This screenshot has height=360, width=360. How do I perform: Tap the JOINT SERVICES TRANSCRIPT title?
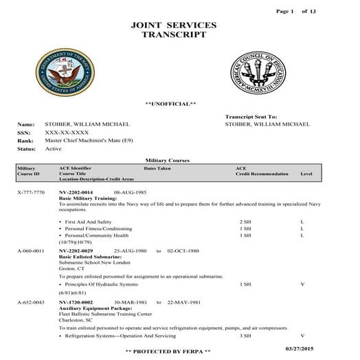coord(172,30)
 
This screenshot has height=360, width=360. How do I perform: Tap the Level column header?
coord(306,175)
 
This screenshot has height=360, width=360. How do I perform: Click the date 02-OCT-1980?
coord(183,251)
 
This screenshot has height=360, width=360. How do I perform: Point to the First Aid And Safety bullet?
coord(87,223)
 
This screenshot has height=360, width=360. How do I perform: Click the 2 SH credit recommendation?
coord(245,223)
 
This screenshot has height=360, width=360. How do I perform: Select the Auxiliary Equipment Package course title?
coord(91,308)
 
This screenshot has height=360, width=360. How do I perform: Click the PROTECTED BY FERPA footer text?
coord(168,351)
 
